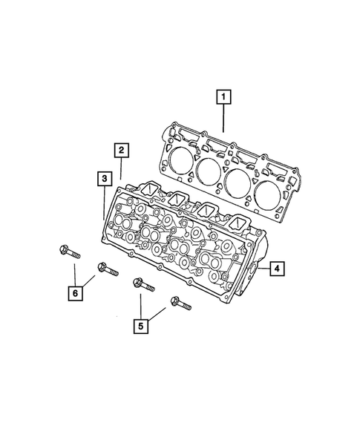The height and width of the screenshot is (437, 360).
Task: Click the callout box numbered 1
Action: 223,96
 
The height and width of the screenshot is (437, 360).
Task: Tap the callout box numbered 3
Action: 105,179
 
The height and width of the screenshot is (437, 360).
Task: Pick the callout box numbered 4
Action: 275,269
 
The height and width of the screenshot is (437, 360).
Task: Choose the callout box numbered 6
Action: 75,295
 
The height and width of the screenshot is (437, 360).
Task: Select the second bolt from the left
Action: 103,268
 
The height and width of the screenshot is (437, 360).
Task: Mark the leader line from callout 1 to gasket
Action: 224,118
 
